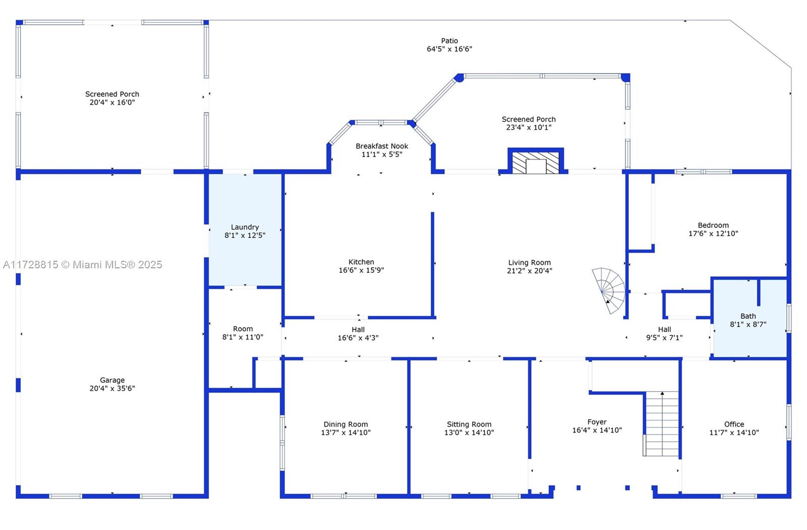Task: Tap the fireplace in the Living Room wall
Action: tap(536, 161)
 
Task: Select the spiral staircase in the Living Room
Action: tap(609, 290)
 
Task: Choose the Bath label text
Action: tap(748, 316)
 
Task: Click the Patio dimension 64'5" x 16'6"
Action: tap(449, 49)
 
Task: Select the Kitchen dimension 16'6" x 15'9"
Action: tap(361, 270)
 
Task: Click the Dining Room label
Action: tap(346, 424)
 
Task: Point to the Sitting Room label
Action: tap(469, 424)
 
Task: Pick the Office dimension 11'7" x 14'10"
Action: tap(734, 432)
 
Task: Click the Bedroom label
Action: tap(713, 225)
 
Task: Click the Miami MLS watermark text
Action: tap(83, 265)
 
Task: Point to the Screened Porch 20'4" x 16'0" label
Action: tap(112, 98)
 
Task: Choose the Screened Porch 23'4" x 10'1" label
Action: tap(529, 123)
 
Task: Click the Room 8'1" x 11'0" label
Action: tap(243, 333)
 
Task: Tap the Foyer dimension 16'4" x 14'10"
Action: tap(597, 430)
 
